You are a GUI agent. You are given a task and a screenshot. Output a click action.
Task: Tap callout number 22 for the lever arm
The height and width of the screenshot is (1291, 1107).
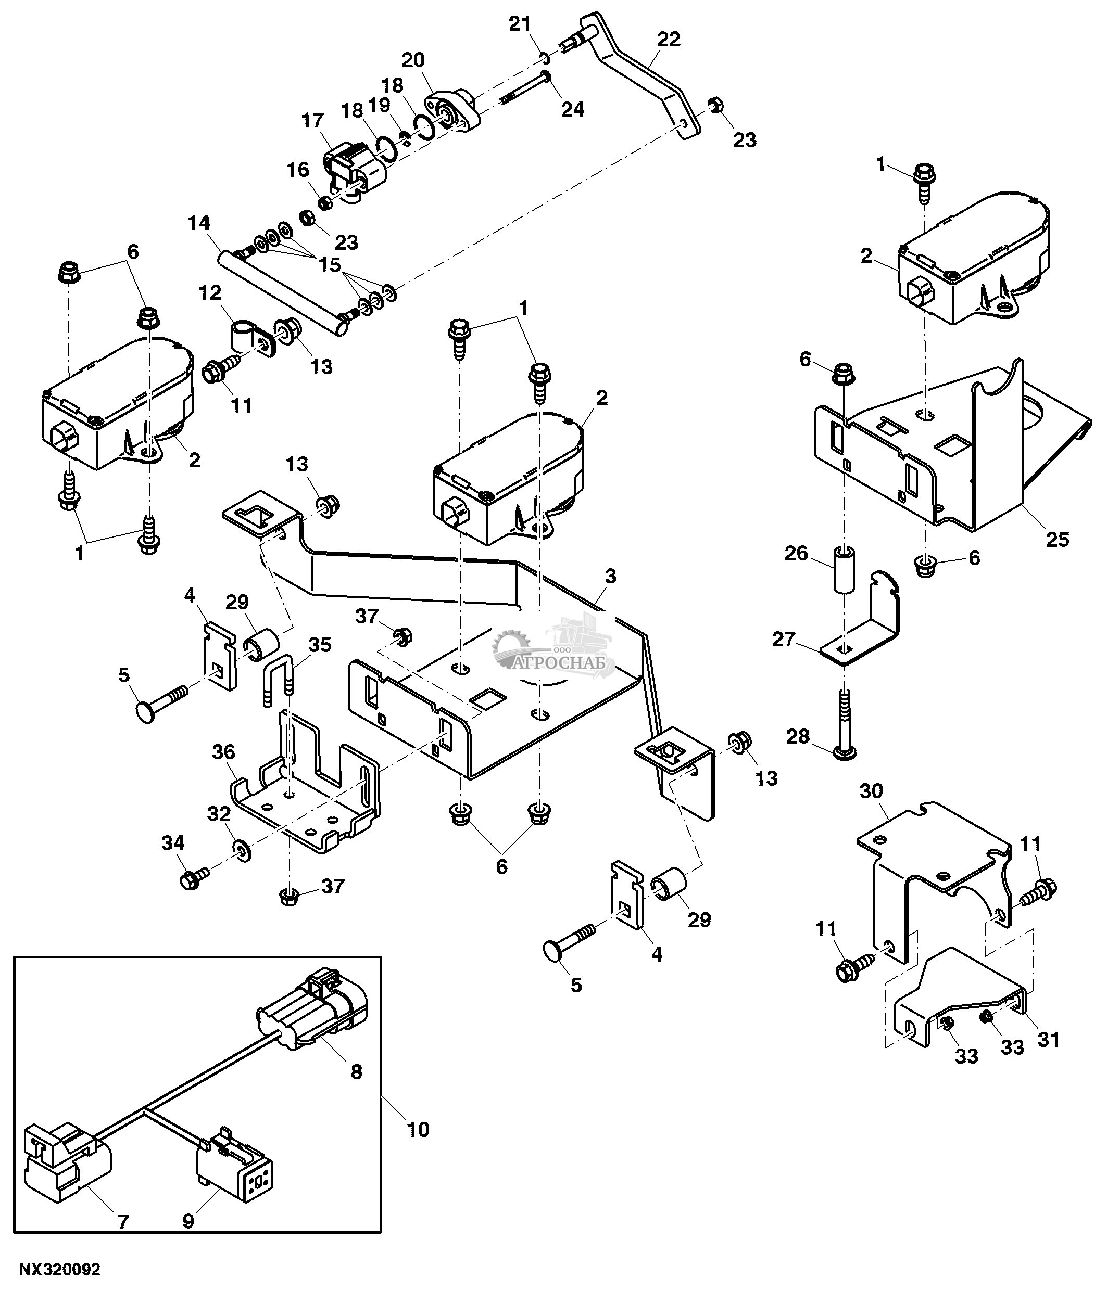click(x=668, y=39)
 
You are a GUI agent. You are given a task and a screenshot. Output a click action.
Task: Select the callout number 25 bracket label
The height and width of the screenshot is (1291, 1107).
click(x=1058, y=539)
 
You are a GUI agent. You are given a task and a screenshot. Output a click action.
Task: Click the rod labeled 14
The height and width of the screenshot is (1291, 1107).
click(x=281, y=293)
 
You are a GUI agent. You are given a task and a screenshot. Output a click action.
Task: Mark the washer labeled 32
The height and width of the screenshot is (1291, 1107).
click(x=241, y=849)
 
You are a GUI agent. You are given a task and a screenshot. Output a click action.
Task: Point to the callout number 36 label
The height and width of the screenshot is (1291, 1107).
click(x=224, y=752)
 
